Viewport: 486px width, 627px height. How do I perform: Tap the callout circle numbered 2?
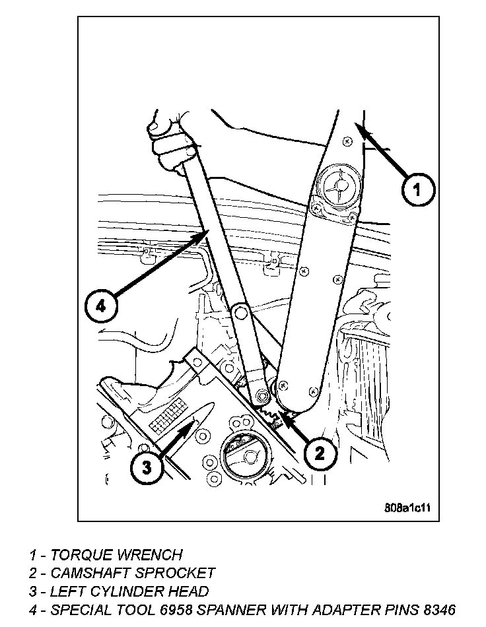click(x=320, y=453)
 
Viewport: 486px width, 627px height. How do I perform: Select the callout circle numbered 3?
click(x=146, y=468)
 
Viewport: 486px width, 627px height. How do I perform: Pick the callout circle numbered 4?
click(x=101, y=306)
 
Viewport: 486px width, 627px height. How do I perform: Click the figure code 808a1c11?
click(x=407, y=508)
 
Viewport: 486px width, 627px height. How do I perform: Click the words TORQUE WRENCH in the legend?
click(x=116, y=555)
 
